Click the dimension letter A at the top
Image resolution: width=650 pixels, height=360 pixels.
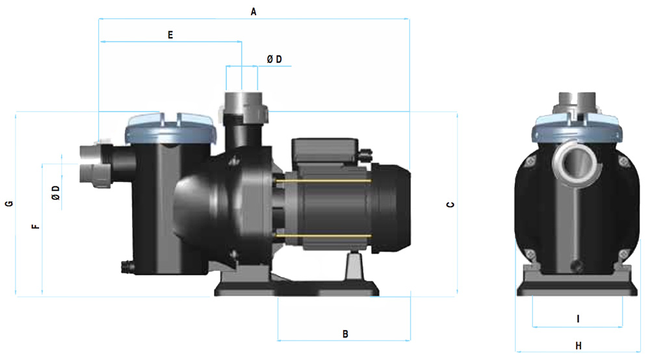pyautogui.click(x=253, y=12)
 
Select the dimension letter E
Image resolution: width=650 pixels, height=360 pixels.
pyautogui.click(x=170, y=35)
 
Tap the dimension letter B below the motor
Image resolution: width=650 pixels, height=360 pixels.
pyautogui.click(x=345, y=334)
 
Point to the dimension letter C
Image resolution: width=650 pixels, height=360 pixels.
pyautogui.click(x=450, y=205)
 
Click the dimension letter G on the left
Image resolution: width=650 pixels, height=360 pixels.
pyautogui.click(x=9, y=203)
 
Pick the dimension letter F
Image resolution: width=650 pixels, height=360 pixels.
pyautogui.click(x=36, y=227)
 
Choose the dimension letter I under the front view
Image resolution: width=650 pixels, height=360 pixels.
pyautogui.click(x=578, y=318)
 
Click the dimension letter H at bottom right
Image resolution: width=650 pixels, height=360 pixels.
pyautogui.click(x=578, y=346)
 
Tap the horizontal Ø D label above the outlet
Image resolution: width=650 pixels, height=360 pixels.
pyautogui.click(x=274, y=59)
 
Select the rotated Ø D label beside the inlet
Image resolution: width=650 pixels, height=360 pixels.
pyautogui.click(x=56, y=193)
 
